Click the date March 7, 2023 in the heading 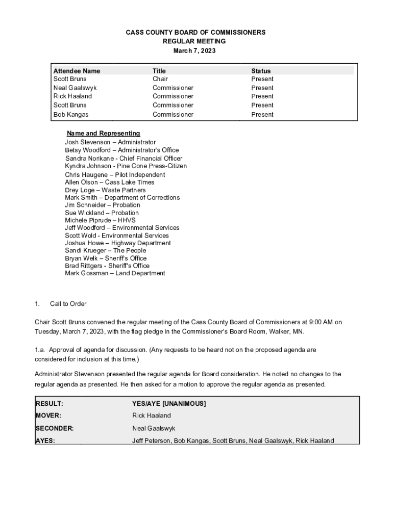point(196,51)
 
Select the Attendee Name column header point(77,71)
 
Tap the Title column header point(159,71)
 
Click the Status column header point(261,71)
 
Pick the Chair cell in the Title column point(160,79)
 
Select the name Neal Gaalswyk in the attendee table point(75,88)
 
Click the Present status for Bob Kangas point(262,115)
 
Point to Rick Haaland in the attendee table point(72,96)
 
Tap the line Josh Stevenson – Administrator point(110,142)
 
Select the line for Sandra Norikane point(124,159)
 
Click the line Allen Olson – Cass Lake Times point(109,182)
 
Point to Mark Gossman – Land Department point(115,273)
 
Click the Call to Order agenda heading point(68,304)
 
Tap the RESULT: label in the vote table point(50,404)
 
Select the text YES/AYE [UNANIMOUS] point(169,404)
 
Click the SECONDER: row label point(54,428)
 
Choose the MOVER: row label point(48,415)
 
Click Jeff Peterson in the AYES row point(151,440)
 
